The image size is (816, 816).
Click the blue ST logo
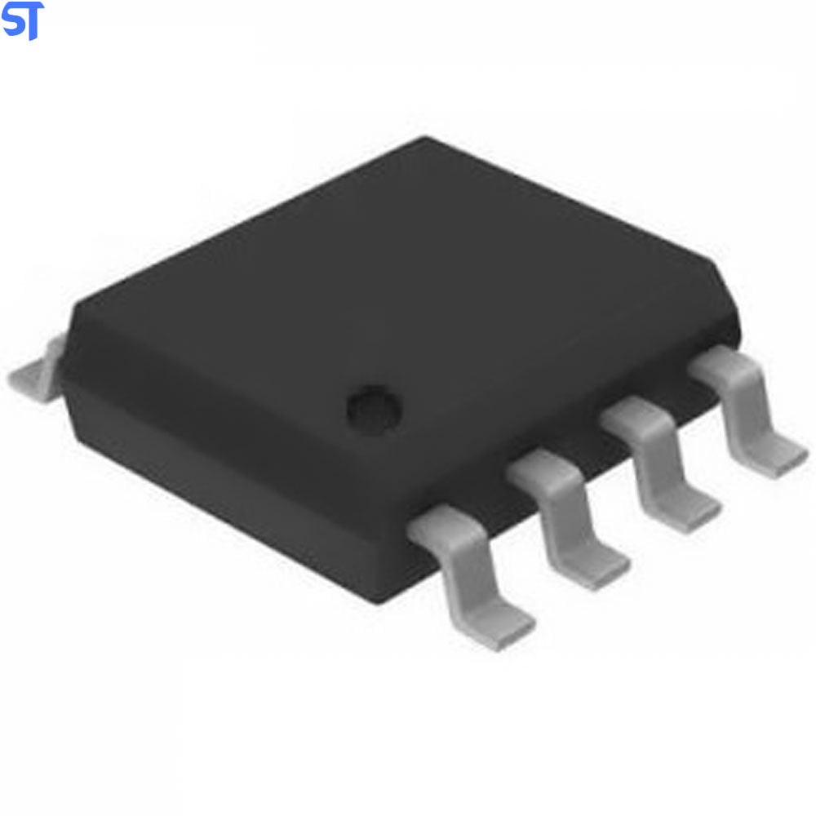(22, 20)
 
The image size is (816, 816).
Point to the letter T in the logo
(33, 22)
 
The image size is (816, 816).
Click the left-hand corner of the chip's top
(78, 306)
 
